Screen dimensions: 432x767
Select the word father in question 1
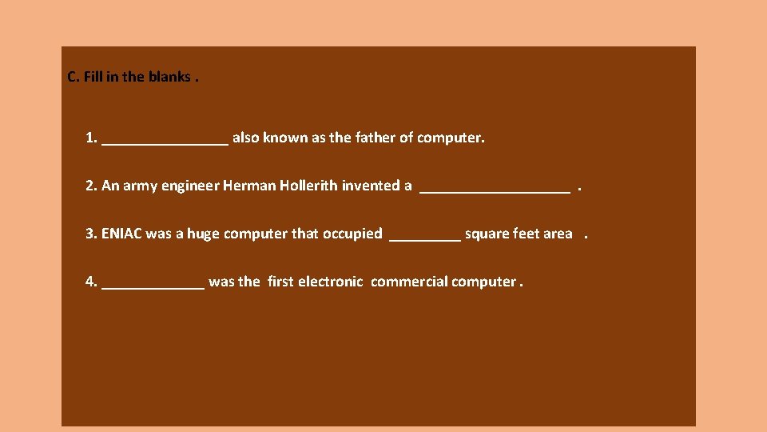point(374,138)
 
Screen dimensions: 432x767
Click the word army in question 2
point(140,186)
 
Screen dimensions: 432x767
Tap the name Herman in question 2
point(251,186)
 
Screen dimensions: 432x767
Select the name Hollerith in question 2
point(310,186)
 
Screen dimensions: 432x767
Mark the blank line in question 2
point(495,190)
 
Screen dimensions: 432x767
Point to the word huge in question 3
point(203,234)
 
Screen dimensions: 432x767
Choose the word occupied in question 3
point(352,234)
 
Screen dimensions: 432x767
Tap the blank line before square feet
point(424,238)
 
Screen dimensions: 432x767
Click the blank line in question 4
point(153,286)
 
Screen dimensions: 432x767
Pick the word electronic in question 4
point(330,282)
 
